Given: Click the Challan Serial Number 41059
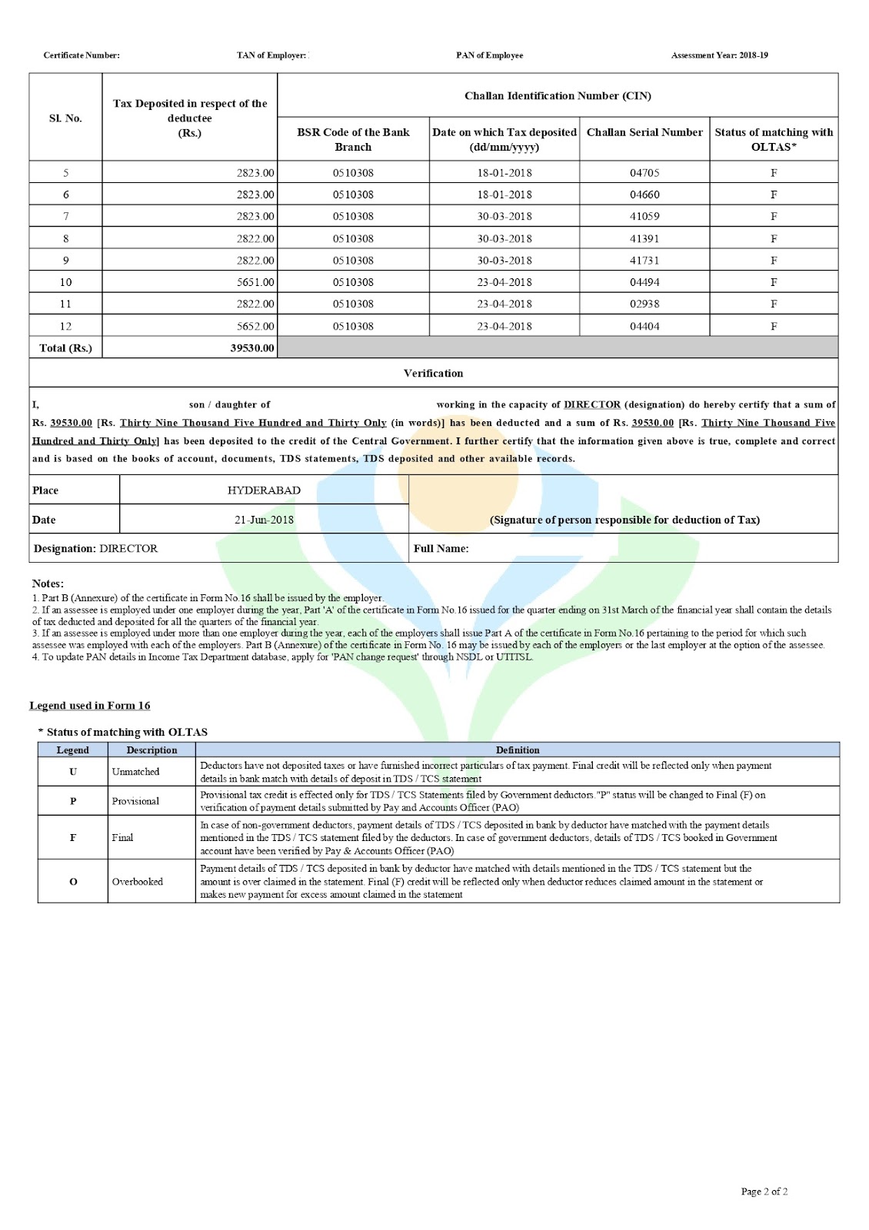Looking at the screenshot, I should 644,217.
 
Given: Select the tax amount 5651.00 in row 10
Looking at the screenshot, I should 255,282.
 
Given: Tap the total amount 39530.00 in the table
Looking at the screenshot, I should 252,348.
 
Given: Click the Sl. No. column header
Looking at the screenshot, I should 65,118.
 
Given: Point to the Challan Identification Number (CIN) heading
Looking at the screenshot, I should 558,96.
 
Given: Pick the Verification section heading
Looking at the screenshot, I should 433,374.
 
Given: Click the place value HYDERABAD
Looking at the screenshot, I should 264,490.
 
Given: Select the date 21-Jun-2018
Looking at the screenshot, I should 264,520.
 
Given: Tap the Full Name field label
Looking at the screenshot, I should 441,549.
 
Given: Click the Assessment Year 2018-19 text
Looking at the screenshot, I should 719,55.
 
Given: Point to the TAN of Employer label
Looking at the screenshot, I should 271,55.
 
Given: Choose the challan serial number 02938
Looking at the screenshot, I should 644,304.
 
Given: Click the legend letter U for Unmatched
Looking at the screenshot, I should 73,772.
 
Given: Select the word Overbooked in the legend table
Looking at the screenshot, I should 138,882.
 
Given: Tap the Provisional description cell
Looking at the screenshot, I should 135,801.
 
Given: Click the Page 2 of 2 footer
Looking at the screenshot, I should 764,1192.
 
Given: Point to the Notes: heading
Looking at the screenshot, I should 48,583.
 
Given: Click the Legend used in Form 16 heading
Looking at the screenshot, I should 90,706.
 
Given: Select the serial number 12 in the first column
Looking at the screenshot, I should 65,326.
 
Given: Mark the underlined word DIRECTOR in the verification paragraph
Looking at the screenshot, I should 591,405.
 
